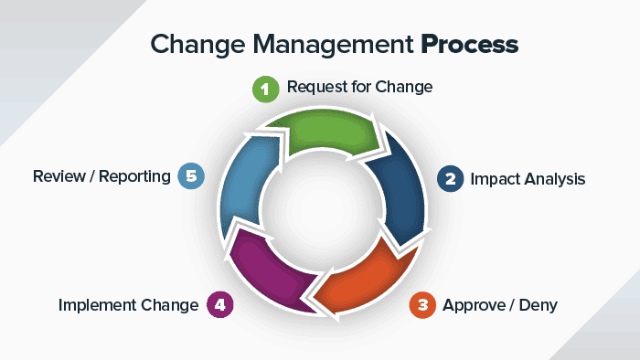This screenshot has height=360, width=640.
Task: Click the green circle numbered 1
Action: coord(265,89)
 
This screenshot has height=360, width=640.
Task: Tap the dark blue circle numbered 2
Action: coord(449,178)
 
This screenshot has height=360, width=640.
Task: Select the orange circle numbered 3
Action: coord(421,305)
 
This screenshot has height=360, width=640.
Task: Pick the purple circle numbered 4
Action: coord(219,305)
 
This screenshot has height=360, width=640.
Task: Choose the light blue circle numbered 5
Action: coord(190,175)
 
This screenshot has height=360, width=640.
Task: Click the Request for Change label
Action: coord(359,88)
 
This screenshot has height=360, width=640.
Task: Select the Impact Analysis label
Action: coord(528,179)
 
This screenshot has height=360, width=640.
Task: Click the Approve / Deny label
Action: coord(499,305)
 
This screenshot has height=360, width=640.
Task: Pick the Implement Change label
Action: coord(128,305)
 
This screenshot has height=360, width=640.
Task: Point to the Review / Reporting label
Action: coord(101,175)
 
